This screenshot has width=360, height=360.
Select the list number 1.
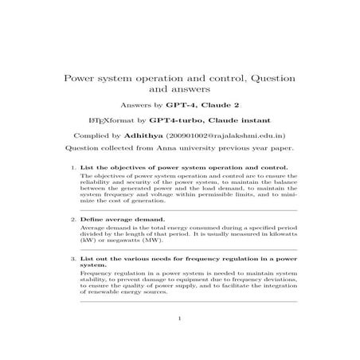[73, 168]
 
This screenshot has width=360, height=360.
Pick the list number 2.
[73, 218]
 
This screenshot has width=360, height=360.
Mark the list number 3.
[73, 260]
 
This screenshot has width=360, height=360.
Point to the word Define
[93, 218]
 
